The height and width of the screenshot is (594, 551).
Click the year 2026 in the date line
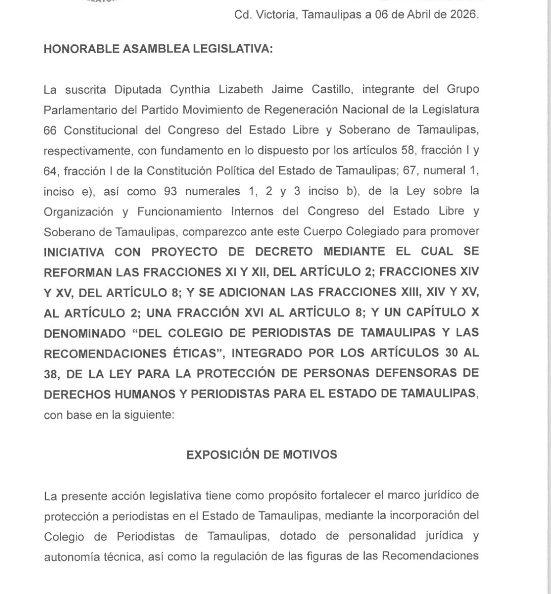coord(464,15)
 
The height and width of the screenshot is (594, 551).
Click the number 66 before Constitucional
coord(50,130)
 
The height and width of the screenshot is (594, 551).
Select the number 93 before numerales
coord(173,191)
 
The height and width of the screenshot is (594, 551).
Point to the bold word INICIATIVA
coord(74,252)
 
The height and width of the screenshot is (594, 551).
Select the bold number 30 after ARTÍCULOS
coord(451,353)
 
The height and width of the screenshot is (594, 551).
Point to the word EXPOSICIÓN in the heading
coord(222,455)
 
